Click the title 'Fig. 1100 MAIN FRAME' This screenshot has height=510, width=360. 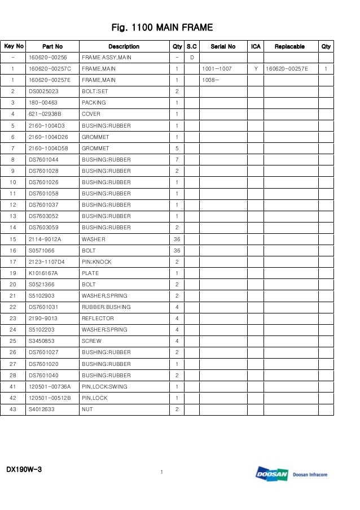pos(162,28)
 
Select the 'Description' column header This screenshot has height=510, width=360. pos(124,46)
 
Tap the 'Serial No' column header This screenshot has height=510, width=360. pos(223,46)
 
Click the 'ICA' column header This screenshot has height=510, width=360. pos(256,46)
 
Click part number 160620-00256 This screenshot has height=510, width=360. pos(48,58)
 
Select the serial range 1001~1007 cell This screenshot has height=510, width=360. pos(217,69)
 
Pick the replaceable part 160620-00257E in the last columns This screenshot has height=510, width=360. pos(287,69)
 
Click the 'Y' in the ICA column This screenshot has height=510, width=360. pos(256,69)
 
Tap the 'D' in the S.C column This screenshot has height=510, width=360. pos(192,58)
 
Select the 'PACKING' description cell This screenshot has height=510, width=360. pos(94,103)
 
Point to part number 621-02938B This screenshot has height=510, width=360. pos(45,114)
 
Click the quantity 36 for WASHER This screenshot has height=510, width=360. pos(177,239)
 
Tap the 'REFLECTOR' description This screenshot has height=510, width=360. pos(98,319)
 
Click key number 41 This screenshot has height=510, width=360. pos(12,387)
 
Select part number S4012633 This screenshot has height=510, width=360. pos(42,409)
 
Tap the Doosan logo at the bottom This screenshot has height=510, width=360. pos(272,474)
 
